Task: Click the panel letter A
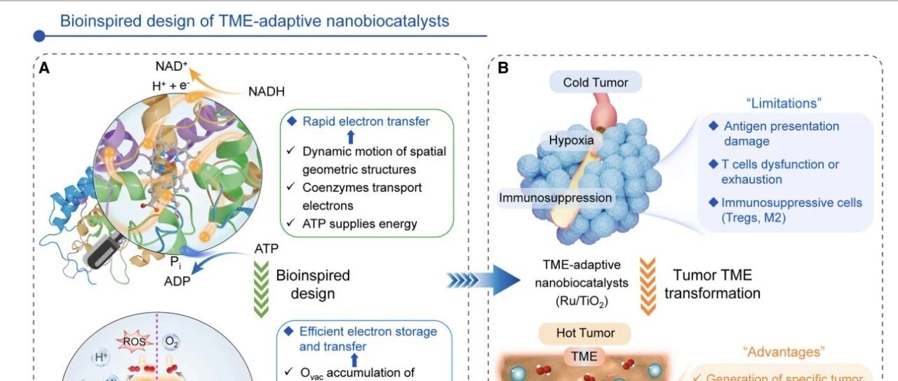pos(44,68)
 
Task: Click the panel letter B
pos(503,68)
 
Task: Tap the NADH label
pos(267,91)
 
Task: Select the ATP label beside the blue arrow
pos(266,248)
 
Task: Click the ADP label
pos(177,281)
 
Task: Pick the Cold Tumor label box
pos(596,82)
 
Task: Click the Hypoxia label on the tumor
pos(571,140)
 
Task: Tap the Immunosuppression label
pos(555,198)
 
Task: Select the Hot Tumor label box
pos(585,333)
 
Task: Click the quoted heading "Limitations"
pos(784,103)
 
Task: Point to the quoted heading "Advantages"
pos(784,352)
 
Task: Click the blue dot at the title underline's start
pos(39,36)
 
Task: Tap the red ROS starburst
pos(134,341)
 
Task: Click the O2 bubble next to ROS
pos(171,342)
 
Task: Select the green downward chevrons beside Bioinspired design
pos(262,289)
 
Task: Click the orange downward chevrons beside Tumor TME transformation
pos(648,286)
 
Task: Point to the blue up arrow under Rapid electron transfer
pos(351,137)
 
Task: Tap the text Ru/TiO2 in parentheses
pos(582,301)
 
